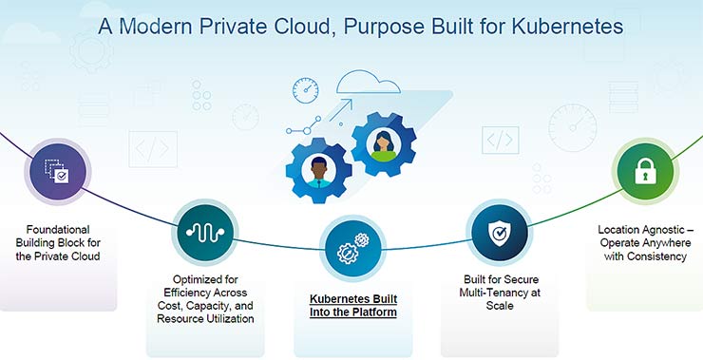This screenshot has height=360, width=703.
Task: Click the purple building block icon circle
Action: (59, 172)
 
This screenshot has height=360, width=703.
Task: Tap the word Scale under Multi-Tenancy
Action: (500, 306)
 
